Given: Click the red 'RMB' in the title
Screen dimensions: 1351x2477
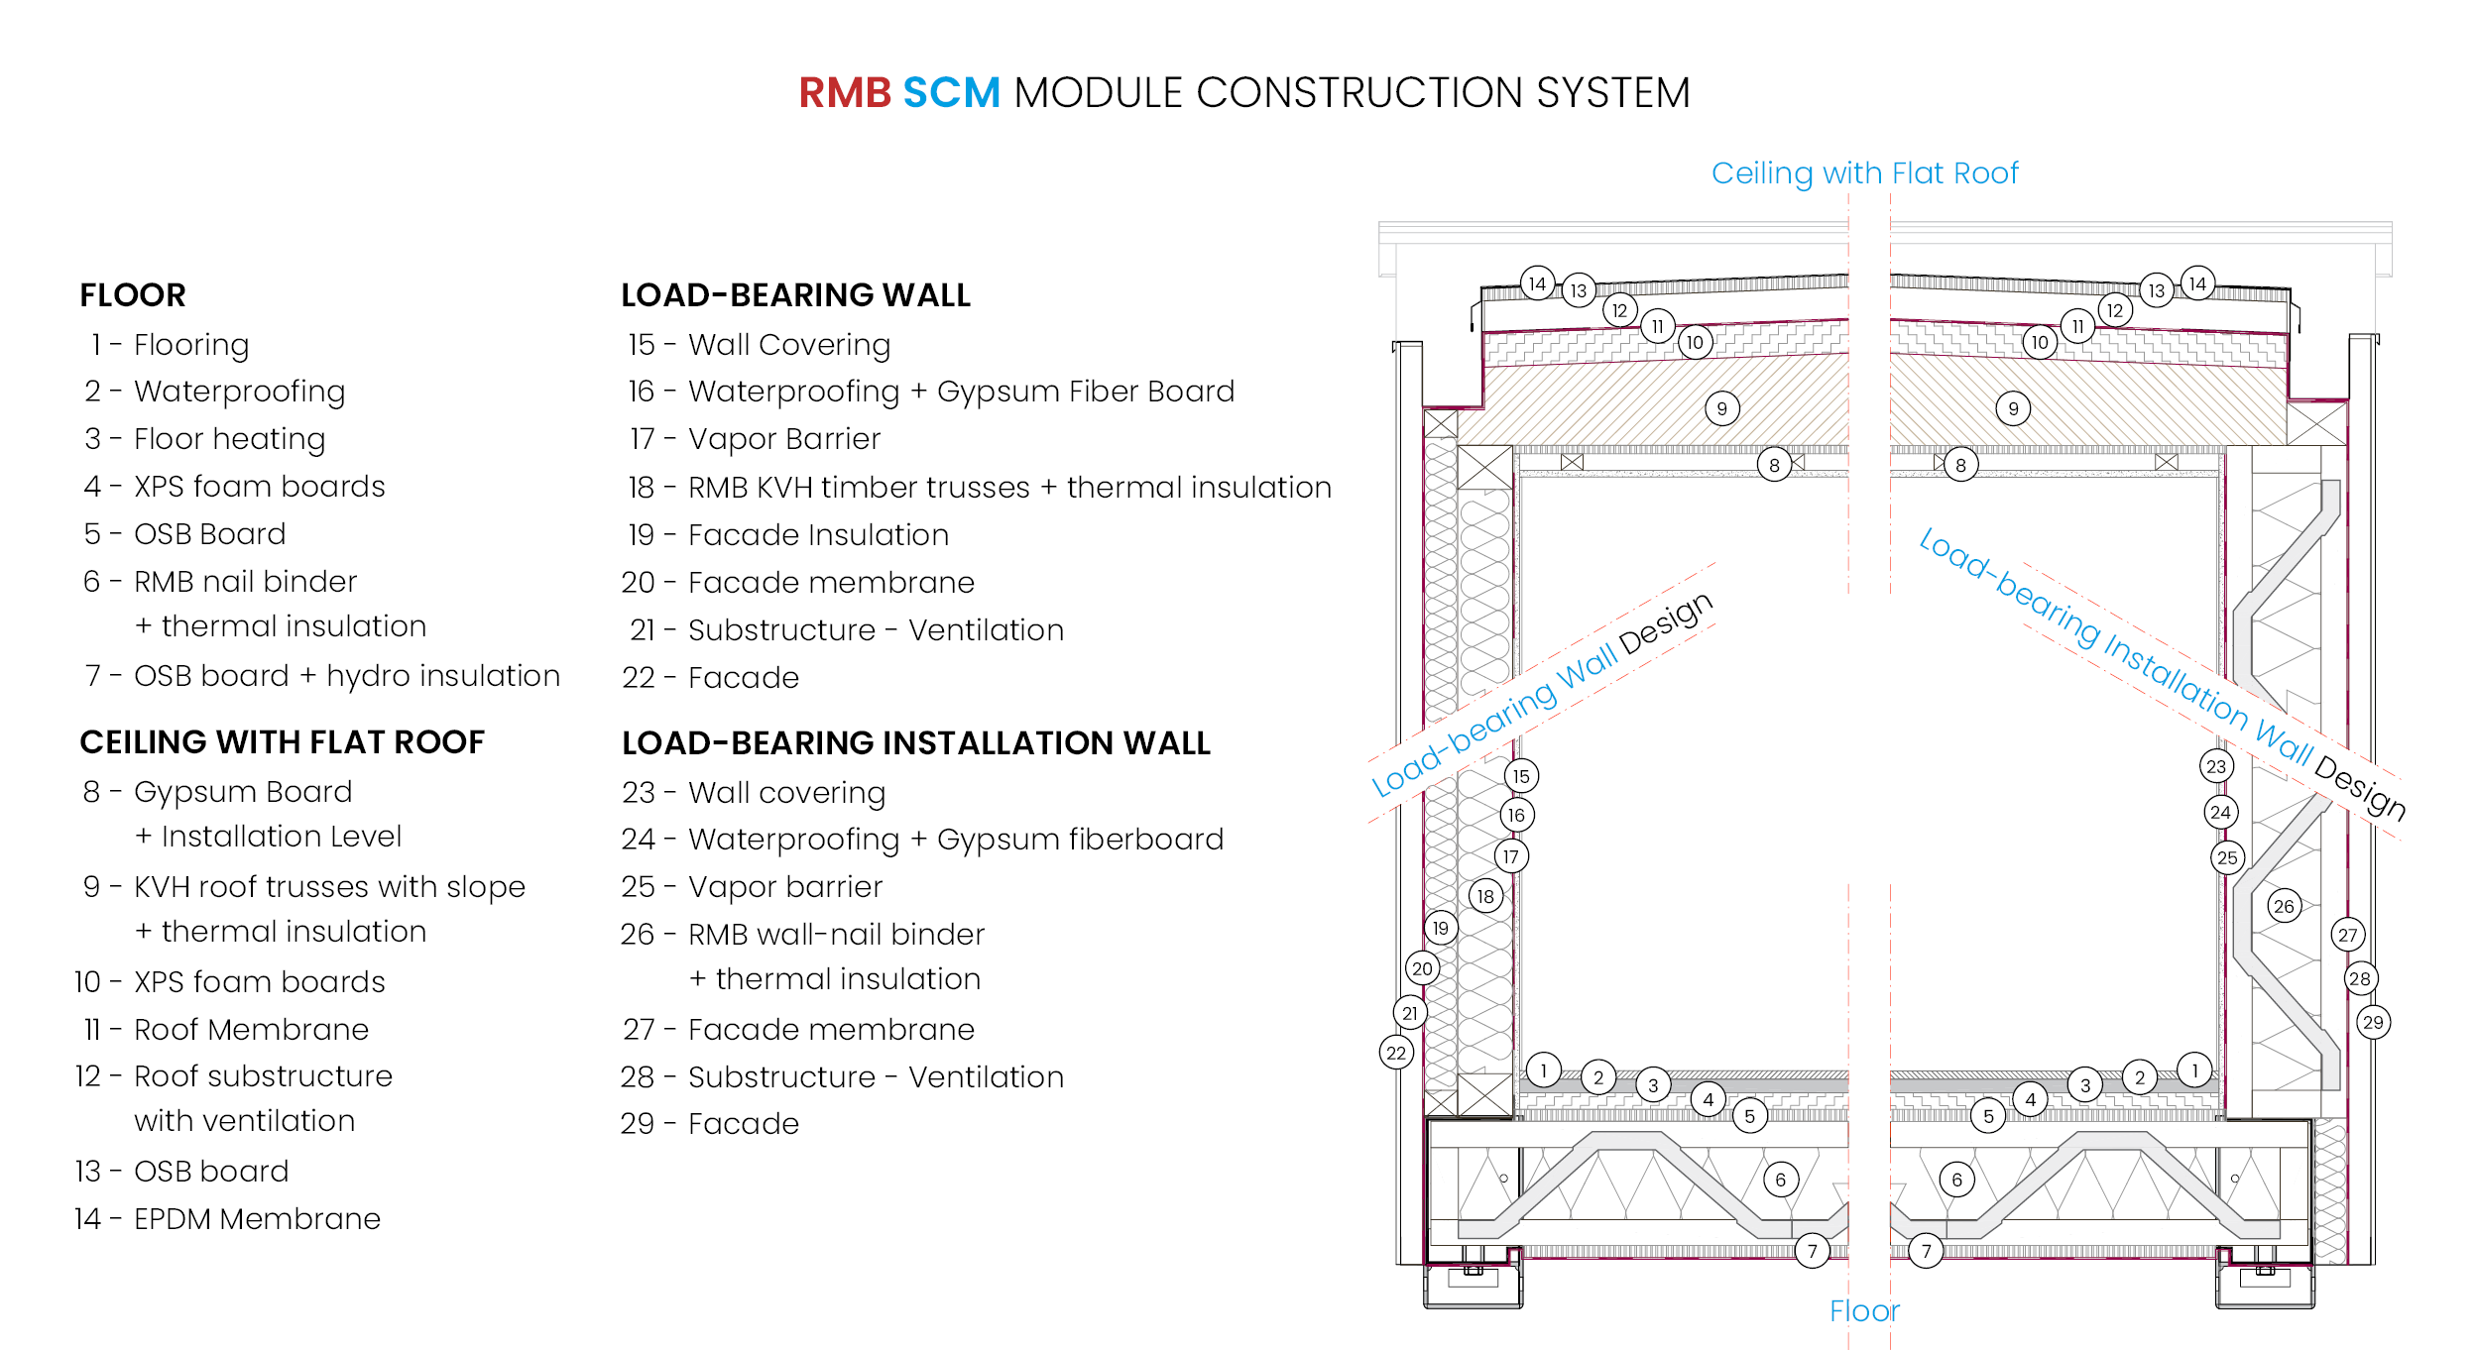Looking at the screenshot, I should (845, 93).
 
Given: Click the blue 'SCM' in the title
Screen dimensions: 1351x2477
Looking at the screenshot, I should (951, 93).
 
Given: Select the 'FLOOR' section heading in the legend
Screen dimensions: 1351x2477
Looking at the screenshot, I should (133, 295).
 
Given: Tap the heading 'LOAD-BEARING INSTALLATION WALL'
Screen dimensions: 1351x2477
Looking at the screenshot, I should (915, 743).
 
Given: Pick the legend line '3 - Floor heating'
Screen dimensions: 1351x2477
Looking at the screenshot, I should (205, 439).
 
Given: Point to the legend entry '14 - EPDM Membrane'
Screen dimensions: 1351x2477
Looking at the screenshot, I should (228, 1218).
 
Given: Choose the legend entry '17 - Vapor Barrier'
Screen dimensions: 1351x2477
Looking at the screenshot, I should (755, 439).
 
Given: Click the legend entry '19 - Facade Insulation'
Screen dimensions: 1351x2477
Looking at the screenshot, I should (788, 535).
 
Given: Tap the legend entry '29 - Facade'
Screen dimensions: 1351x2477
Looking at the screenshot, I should (710, 1124).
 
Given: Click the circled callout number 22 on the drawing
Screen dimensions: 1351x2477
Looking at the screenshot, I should (1396, 1053).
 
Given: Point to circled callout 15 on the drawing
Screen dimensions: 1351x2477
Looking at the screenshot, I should (1521, 776).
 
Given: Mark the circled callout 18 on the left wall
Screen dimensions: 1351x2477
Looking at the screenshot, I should (1485, 897).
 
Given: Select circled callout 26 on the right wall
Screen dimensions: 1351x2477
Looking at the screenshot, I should (2284, 906).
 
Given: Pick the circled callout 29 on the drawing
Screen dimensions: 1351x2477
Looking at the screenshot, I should (2373, 1023).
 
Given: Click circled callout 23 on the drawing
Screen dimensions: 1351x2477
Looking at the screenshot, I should (2216, 766).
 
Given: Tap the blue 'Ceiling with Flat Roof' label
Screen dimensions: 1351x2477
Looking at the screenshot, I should (1864, 173).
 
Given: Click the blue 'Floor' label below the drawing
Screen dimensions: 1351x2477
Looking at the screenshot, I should (1864, 1311).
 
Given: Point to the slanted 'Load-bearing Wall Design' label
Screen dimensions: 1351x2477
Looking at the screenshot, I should (1542, 694).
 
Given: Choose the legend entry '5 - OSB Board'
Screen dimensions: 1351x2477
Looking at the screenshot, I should (185, 534).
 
